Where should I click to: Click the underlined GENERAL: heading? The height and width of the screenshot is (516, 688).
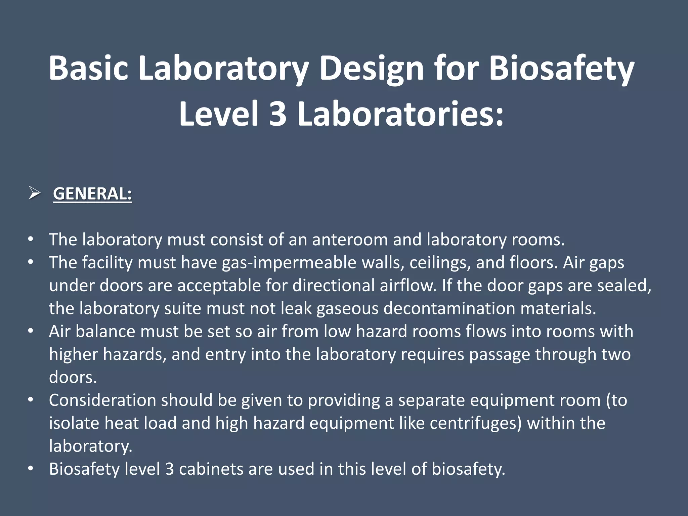(x=92, y=194)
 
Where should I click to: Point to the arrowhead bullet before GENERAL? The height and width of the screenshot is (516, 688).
(x=34, y=193)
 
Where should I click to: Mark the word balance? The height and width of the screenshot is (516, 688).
(x=105, y=331)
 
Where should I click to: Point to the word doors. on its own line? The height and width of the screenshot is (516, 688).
(x=73, y=377)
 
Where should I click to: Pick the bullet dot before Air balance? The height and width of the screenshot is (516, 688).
(x=31, y=331)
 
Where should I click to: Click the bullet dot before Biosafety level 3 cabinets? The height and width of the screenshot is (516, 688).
(x=31, y=469)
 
